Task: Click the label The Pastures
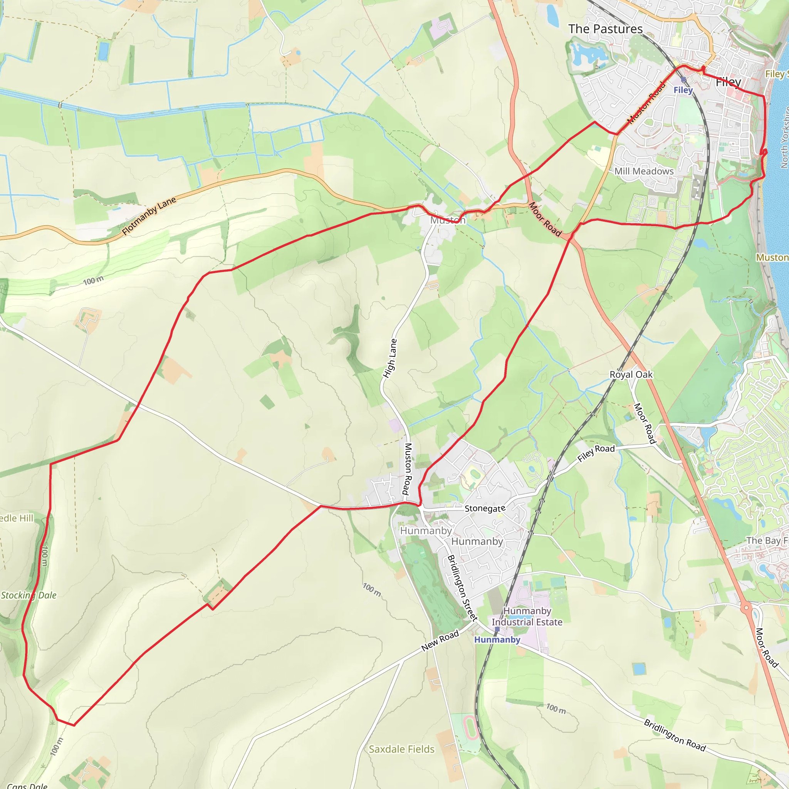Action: tap(605, 29)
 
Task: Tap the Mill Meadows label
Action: tap(644, 171)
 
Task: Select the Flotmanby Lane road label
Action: tap(149, 215)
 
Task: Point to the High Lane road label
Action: tap(389, 358)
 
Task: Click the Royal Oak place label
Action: tap(631, 374)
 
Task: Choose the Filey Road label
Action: tap(596, 453)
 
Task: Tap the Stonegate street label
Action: tap(485, 509)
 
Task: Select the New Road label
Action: tap(440, 641)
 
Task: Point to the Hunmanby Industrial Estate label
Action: tap(527, 616)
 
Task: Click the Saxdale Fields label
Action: tap(401, 749)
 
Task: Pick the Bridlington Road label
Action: tap(675, 735)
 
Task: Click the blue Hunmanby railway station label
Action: tap(497, 640)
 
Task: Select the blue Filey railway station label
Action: tap(683, 90)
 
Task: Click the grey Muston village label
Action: tap(448, 220)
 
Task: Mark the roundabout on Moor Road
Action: tap(746, 608)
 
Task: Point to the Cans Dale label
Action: tap(27, 785)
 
